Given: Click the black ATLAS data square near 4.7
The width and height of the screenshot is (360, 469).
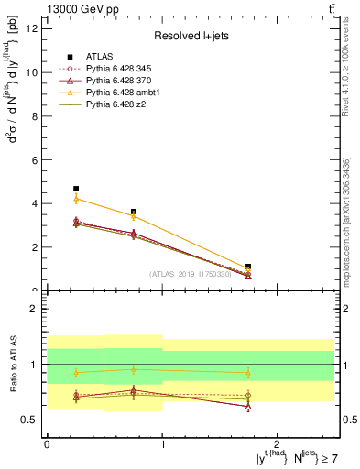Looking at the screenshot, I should pyautogui.click(x=76, y=189).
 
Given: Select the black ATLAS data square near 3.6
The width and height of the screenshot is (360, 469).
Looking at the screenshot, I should pyautogui.click(x=134, y=212).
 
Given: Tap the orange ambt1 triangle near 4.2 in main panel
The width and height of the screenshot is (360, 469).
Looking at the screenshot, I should pyautogui.click(x=76, y=199).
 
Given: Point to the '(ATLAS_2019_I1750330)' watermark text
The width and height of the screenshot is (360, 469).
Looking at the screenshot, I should pyautogui.click(x=191, y=273).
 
